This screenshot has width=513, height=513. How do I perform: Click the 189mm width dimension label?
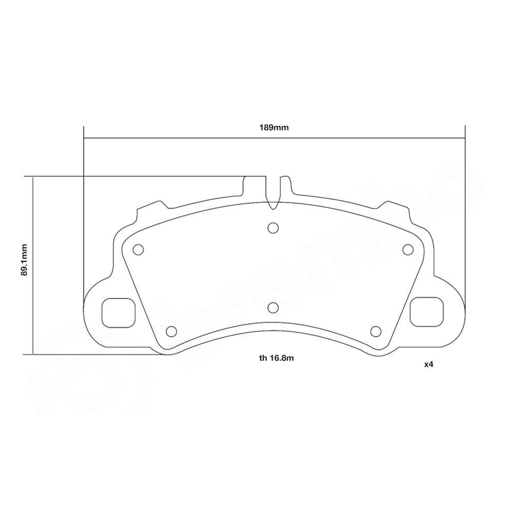click(x=274, y=128)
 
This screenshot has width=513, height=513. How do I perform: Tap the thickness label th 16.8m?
click(x=277, y=359)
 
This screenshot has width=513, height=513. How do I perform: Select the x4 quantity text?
click(x=429, y=365)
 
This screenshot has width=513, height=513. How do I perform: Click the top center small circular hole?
click(x=273, y=227)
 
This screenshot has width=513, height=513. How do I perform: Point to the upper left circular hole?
click(x=137, y=249)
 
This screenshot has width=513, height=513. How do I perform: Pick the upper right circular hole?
click(x=408, y=249)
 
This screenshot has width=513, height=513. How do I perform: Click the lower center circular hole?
click(x=273, y=307)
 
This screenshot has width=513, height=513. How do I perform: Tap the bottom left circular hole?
click(x=172, y=331)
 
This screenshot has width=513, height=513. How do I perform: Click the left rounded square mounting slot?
click(x=118, y=312)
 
